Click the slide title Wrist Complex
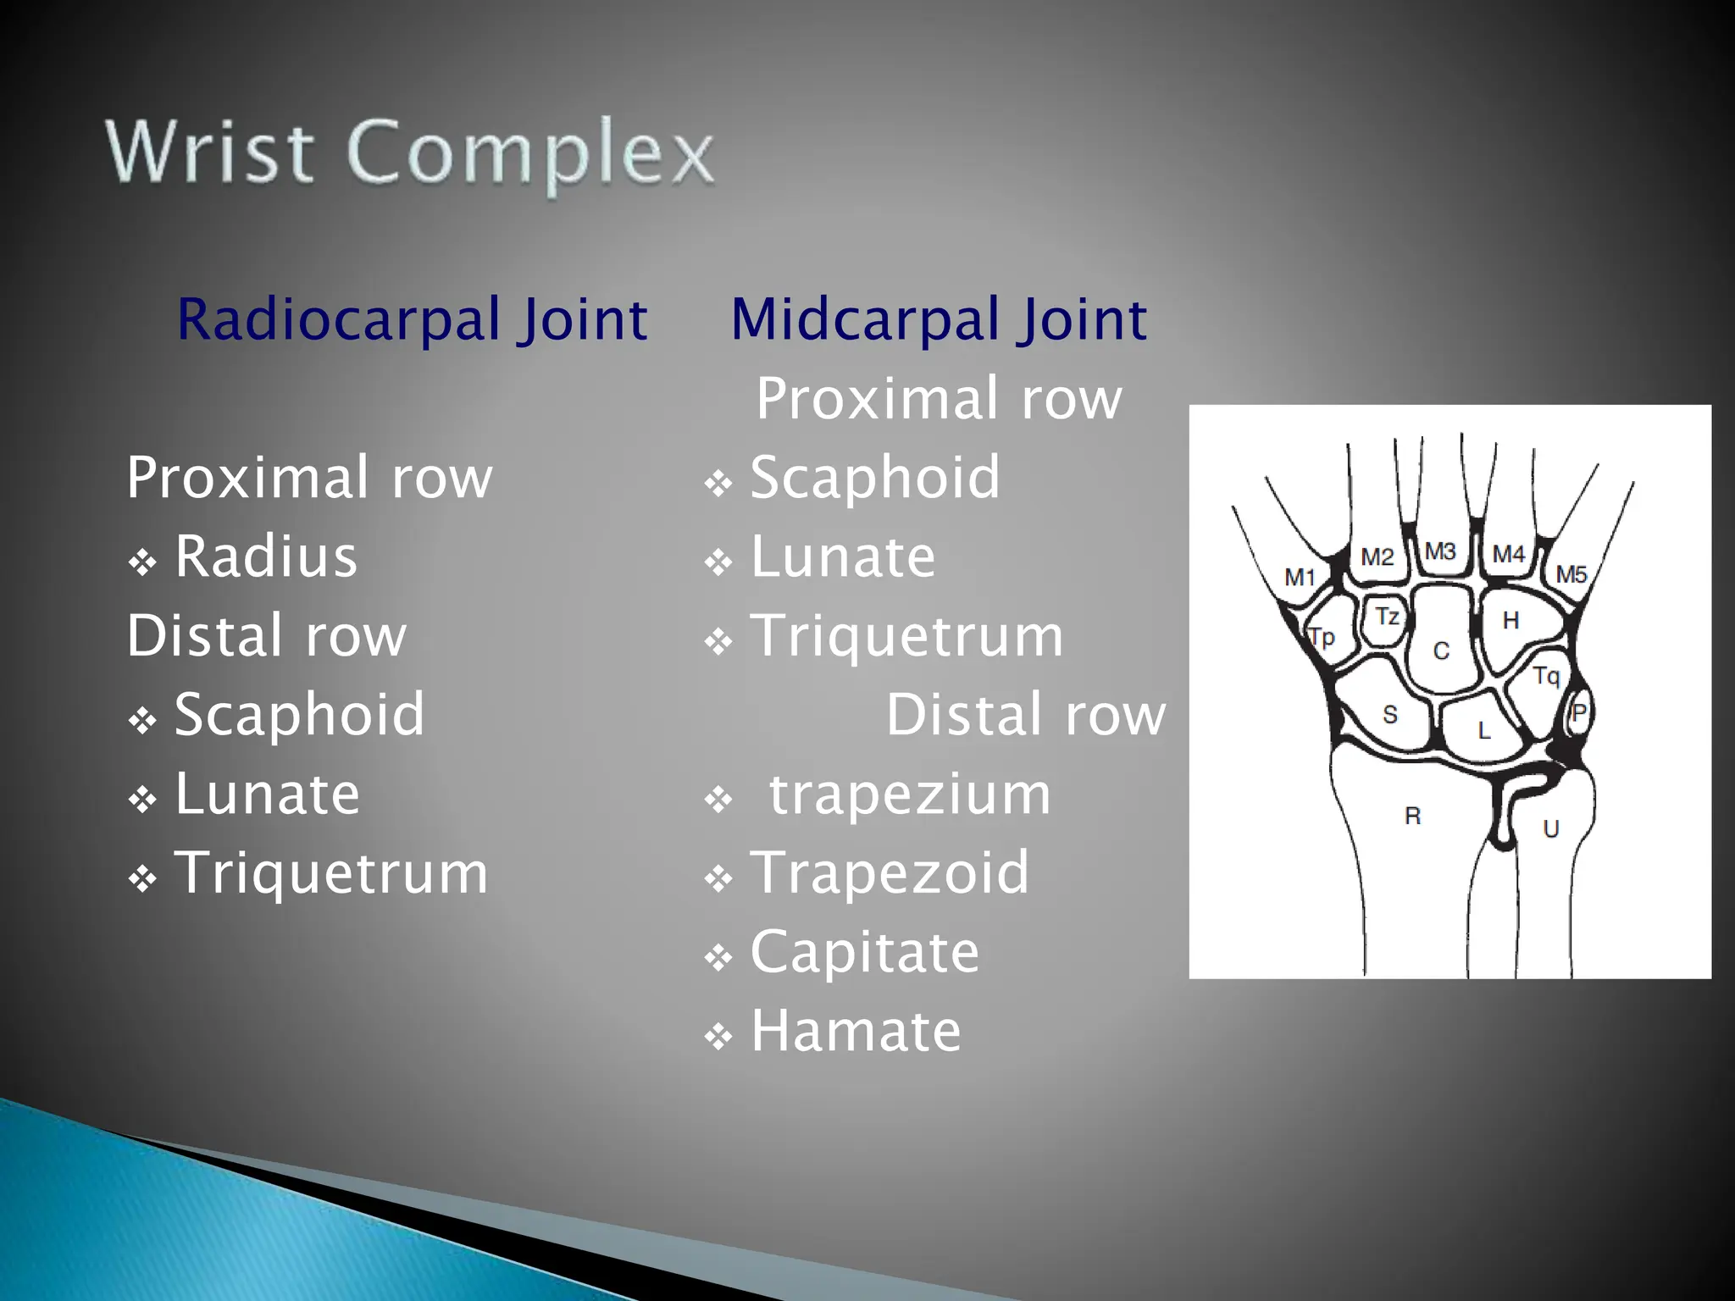410,153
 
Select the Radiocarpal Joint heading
412,319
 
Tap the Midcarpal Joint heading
938,319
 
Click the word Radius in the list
266,556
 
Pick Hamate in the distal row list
856,1031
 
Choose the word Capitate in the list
864,952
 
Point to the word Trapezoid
890,872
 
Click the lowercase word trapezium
909,794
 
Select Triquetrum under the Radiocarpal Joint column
331,872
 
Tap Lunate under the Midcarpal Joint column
843,556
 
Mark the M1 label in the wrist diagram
1300,578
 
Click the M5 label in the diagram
1571,574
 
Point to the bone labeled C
1441,650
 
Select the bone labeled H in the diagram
1511,621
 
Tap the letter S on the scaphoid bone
1390,715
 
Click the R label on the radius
1412,816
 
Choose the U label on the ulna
1550,828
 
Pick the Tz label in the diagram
1387,616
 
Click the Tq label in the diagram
1546,676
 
